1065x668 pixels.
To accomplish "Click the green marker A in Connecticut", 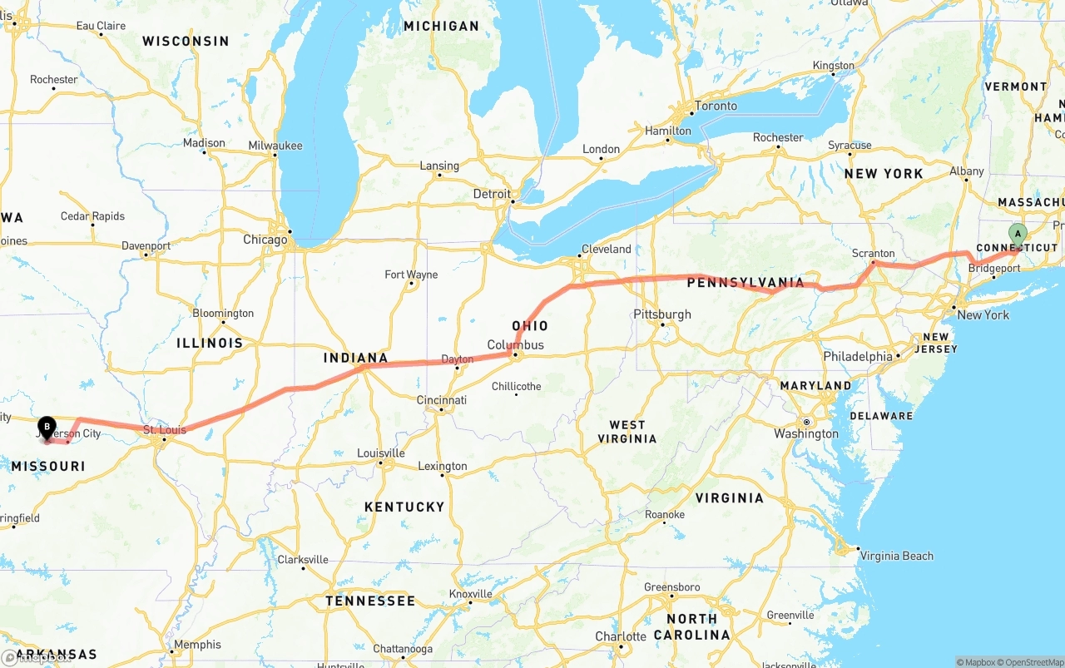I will tap(1017, 235).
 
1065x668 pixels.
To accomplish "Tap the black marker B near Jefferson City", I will tap(47, 427).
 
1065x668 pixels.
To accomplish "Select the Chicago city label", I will tap(265, 240).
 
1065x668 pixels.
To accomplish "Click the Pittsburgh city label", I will tap(662, 314).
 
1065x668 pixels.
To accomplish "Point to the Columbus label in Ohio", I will tap(515, 345).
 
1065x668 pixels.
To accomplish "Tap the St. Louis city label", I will tap(164, 430).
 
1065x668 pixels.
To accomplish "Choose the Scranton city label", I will tap(873, 254).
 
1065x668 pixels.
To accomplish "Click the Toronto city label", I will tap(716, 106).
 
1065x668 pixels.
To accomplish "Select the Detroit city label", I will tap(492, 194).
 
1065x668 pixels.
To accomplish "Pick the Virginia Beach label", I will tap(896, 556).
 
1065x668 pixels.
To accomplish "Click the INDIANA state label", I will tap(355, 359).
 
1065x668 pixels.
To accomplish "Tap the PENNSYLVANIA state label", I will tap(745, 283).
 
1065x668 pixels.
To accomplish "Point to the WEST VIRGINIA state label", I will tap(627, 432).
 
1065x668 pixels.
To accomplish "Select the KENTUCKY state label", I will tap(404, 507).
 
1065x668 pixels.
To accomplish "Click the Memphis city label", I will tap(197, 645).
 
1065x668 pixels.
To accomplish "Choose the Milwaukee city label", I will tap(275, 146).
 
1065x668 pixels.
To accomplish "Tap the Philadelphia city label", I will tap(857, 356).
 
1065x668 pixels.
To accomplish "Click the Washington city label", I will tap(806, 433).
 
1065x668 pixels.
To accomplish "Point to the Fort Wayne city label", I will tap(411, 275).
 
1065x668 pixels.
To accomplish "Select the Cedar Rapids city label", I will tap(92, 216).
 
